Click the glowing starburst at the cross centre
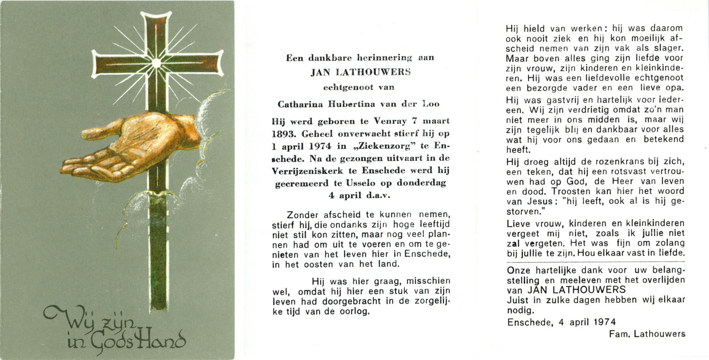tap(156, 63)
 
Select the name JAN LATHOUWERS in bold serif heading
tap(361, 72)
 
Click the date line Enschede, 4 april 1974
tap(561, 322)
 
